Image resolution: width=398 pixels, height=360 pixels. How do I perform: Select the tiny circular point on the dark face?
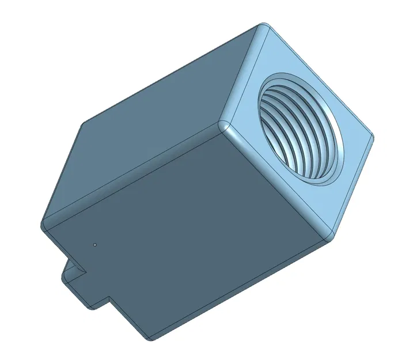click(94, 244)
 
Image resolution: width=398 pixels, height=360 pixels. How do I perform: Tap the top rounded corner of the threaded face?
click(264, 28)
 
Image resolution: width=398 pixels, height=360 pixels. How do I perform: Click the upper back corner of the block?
click(84, 124)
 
